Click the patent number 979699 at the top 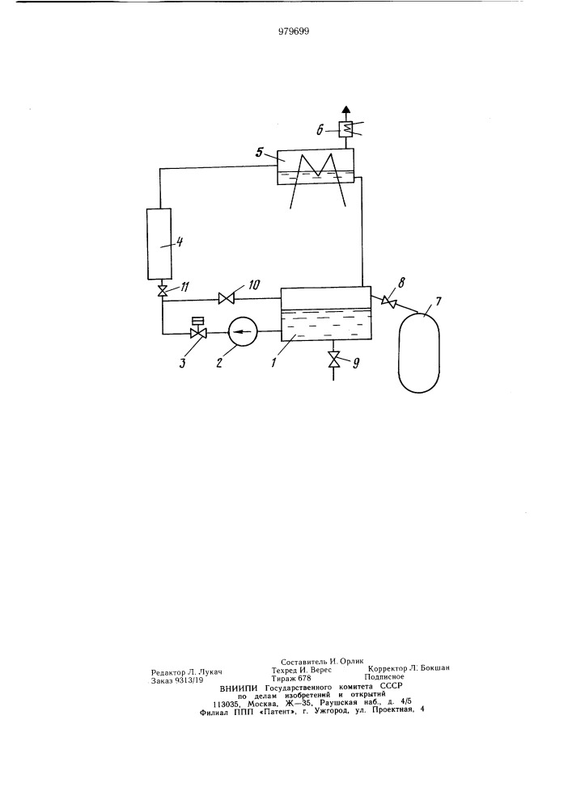pos(294,32)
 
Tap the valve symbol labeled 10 pos(226,298)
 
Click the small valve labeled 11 pos(162,291)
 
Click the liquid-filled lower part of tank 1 pos(325,325)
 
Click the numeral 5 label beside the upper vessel pos(260,153)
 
